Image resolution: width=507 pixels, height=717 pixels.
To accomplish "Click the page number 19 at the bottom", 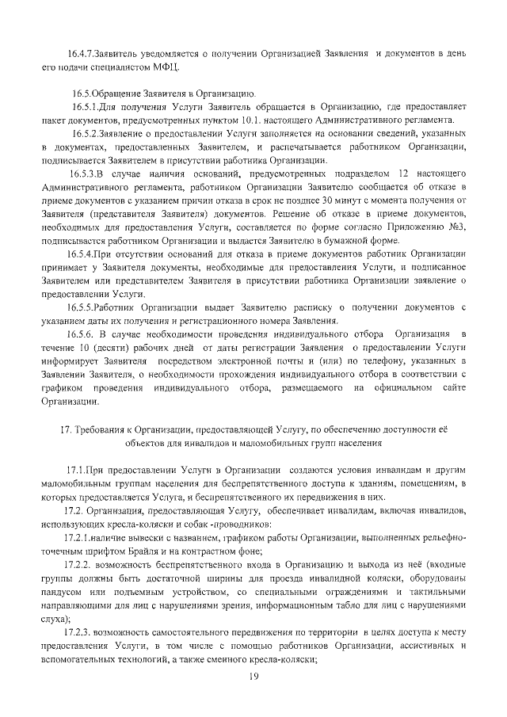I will pos(254,675).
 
